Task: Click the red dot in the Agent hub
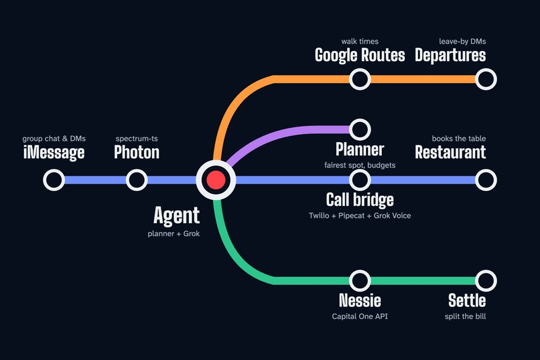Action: click(216, 180)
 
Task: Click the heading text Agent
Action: click(176, 216)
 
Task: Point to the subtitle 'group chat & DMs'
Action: click(54, 139)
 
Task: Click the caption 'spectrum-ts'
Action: click(137, 139)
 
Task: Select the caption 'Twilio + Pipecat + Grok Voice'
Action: click(360, 216)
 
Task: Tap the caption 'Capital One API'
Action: click(360, 316)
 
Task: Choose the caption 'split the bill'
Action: click(465, 316)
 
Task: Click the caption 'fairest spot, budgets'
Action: click(360, 166)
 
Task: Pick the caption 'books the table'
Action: click(459, 139)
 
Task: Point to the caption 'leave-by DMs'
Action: click(462, 42)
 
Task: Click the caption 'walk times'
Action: click(360, 42)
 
